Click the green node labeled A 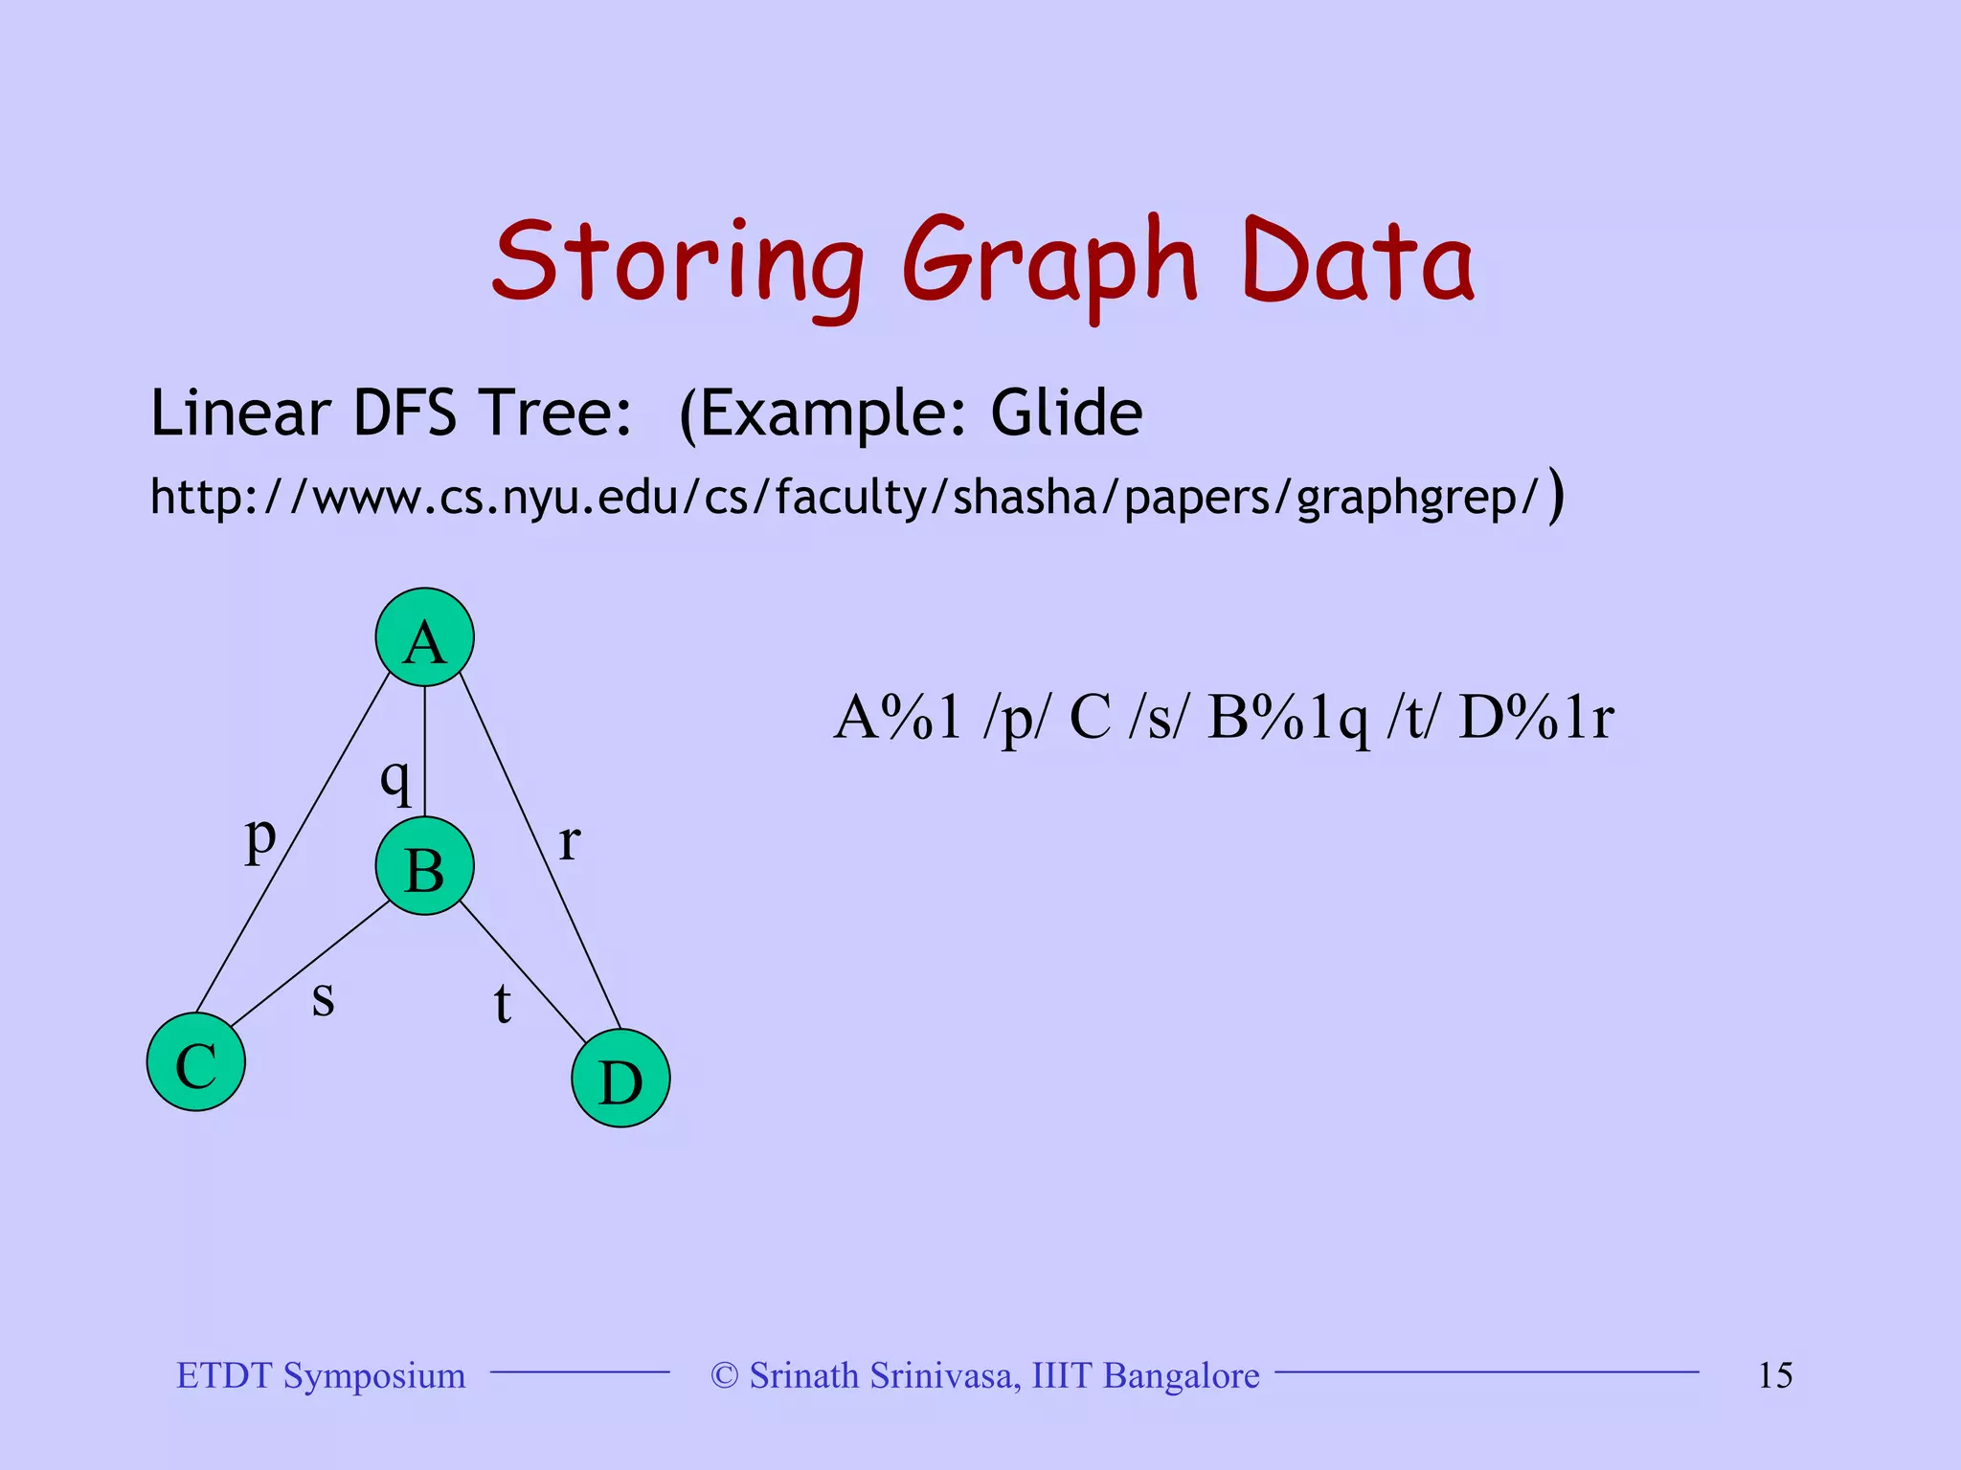coord(424,637)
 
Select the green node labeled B coord(424,866)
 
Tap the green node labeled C coord(196,1062)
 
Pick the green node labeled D coord(620,1079)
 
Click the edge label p coord(260,838)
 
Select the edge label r coord(570,842)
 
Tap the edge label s coord(324,998)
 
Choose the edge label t coord(503,1004)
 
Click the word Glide coord(1066,413)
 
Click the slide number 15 coord(1775,1375)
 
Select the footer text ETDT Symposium coord(321,1375)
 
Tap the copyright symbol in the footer coord(725,1375)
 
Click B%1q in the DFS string coord(1288,718)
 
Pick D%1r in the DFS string coord(1536,718)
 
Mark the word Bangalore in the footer coord(1181,1375)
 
